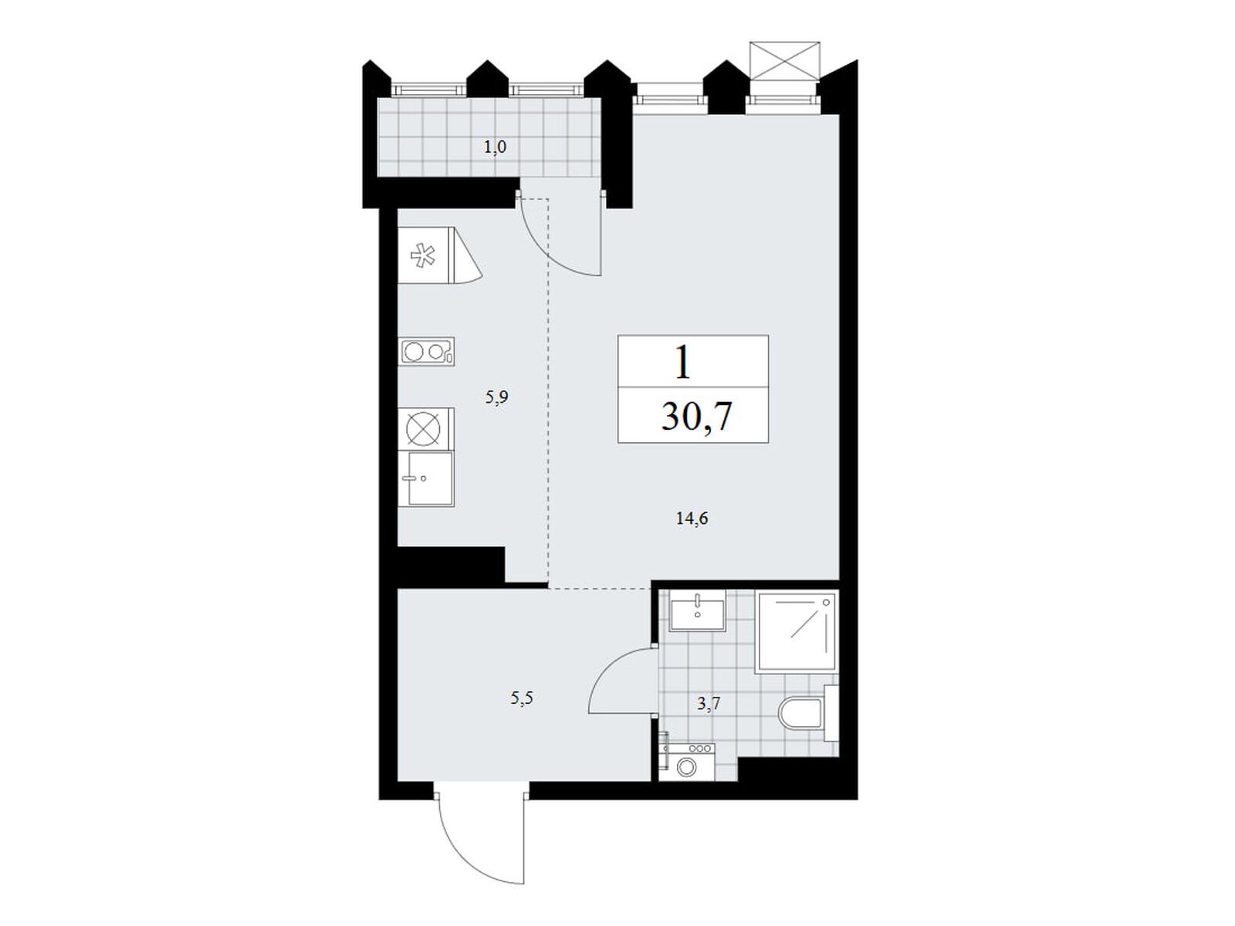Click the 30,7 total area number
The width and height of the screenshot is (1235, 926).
696,417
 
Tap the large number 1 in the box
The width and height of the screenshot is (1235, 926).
682,362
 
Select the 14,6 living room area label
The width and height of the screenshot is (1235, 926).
692,519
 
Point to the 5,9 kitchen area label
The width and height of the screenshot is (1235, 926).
496,398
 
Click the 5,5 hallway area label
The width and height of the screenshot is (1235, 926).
521,698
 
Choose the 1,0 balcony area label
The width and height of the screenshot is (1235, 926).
495,147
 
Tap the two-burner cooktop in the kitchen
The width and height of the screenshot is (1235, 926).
426,352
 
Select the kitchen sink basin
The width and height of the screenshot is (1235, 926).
426,479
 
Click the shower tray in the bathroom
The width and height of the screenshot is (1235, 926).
796,630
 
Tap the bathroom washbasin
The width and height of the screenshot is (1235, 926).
697,610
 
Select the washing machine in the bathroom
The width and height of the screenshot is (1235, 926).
687,762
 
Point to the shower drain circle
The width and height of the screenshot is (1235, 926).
827,602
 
